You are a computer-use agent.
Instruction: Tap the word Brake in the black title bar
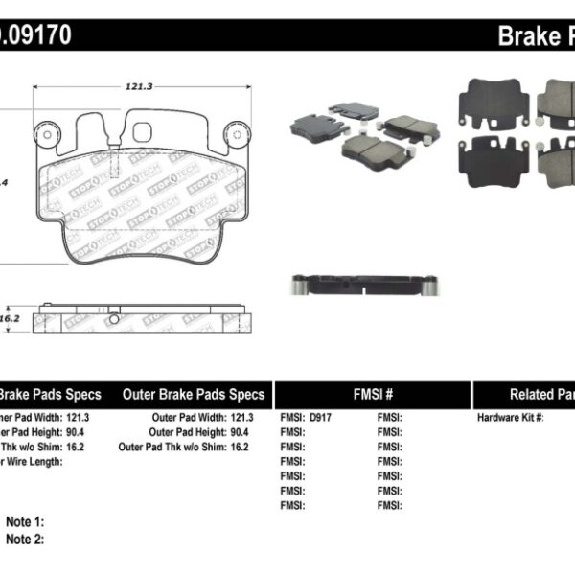[x=527, y=37]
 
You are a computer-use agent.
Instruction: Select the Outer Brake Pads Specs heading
[x=194, y=395]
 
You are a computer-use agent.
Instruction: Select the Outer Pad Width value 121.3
[x=241, y=418]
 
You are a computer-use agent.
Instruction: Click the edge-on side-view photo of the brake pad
[x=363, y=284]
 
